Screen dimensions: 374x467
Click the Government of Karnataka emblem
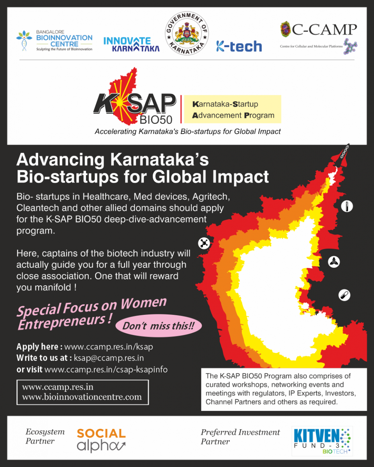(x=187, y=33)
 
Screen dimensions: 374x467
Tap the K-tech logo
(x=239, y=46)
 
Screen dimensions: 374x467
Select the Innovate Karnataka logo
(x=131, y=44)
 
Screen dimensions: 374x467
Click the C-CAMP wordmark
(x=324, y=30)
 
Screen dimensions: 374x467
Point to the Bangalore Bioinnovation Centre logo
(x=54, y=40)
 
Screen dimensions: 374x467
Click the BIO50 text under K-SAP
(x=156, y=120)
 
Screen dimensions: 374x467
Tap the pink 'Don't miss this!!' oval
(x=159, y=325)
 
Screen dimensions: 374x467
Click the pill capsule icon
(x=344, y=295)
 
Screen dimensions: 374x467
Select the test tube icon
(x=347, y=206)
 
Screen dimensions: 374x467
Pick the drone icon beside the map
(x=204, y=243)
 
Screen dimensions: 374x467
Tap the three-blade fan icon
(x=334, y=262)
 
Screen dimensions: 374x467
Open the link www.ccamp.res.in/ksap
(x=109, y=347)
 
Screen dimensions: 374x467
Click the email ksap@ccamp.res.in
(x=109, y=358)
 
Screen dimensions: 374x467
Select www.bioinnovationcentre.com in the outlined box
(x=82, y=397)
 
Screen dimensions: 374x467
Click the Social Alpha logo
(x=101, y=441)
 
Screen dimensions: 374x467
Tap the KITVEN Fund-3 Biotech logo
(x=322, y=441)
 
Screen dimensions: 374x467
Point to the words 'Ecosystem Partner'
(x=45, y=436)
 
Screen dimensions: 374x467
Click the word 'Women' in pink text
(x=144, y=303)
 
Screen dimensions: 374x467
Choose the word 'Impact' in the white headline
(x=241, y=177)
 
